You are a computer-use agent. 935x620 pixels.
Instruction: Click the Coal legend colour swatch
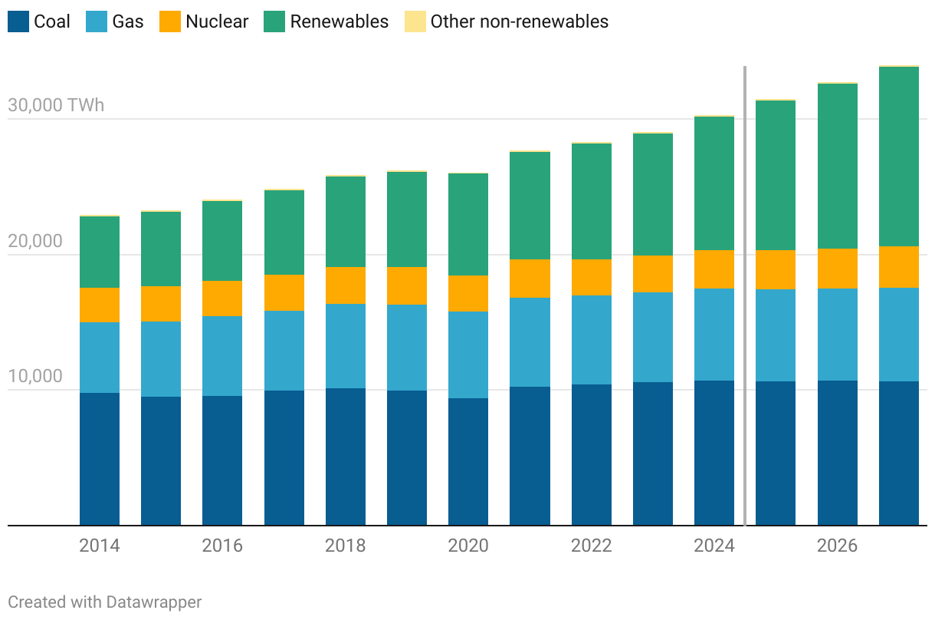18,21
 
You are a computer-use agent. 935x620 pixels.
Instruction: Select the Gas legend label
127,21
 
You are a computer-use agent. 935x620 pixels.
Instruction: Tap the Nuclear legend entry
217,21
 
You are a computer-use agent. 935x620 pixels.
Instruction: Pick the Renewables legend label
339,21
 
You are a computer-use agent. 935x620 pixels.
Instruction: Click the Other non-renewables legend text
519,21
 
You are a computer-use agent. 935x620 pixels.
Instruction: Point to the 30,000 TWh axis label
56,105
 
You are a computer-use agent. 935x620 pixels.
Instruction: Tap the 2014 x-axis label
100,546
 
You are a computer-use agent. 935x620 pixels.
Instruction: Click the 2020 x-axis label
468,546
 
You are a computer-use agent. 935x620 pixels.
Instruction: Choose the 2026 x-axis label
837,546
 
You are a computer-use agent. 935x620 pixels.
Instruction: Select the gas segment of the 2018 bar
346,346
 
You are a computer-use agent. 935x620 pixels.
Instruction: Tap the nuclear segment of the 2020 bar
468,293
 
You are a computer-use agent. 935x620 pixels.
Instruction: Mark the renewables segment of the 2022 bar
592,201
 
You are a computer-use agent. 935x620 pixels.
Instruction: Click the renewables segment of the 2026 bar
838,166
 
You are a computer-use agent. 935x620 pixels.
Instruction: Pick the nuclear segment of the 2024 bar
714,269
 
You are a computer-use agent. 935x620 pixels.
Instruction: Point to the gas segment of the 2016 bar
222,356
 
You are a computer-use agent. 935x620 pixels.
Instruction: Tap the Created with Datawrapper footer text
105,602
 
